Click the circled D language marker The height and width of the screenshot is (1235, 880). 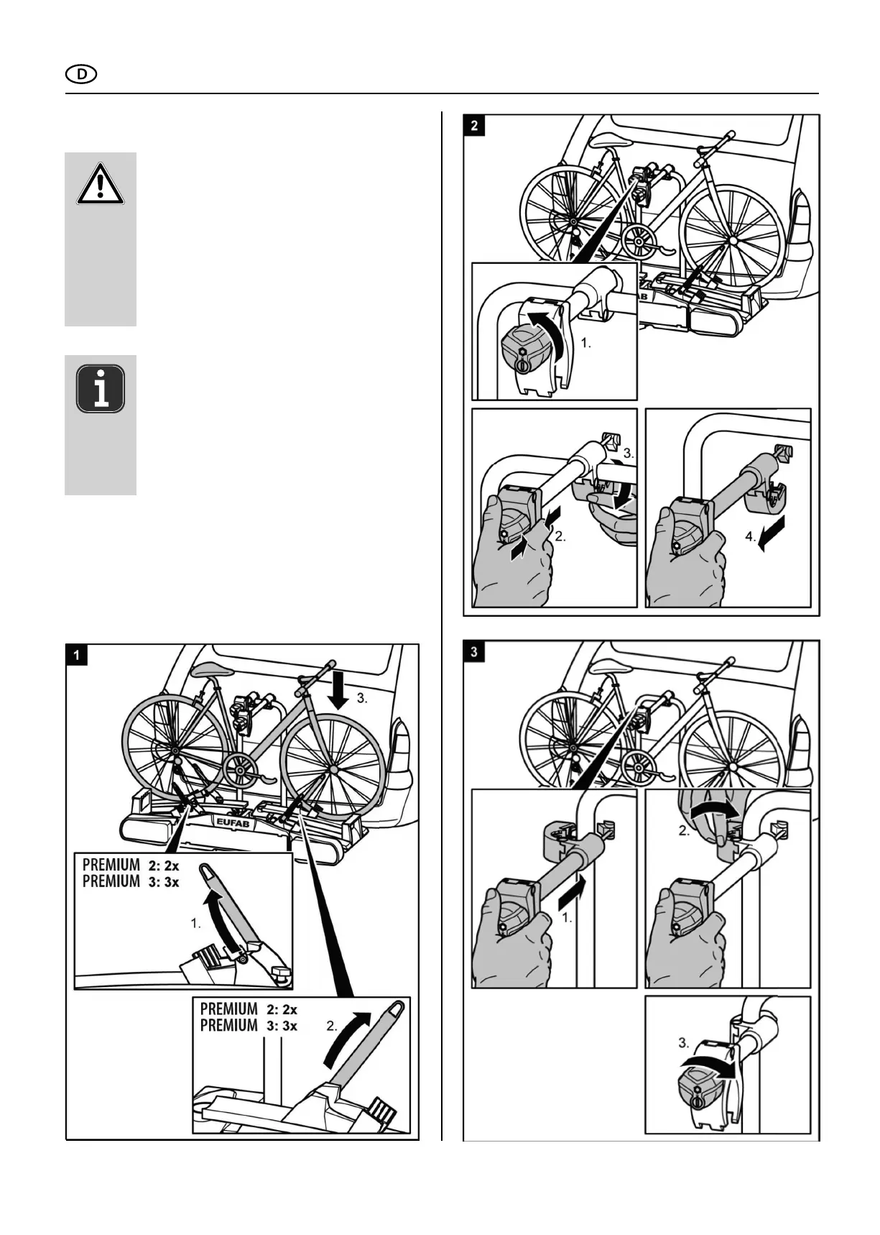(x=81, y=74)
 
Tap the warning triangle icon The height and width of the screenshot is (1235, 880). (x=101, y=183)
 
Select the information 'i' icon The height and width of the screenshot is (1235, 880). (x=101, y=389)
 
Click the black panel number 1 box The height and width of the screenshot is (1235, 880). (x=77, y=655)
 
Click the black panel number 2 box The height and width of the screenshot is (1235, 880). (x=474, y=125)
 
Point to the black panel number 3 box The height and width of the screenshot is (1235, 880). (x=474, y=651)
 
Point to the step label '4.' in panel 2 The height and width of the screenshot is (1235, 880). (x=749, y=536)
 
